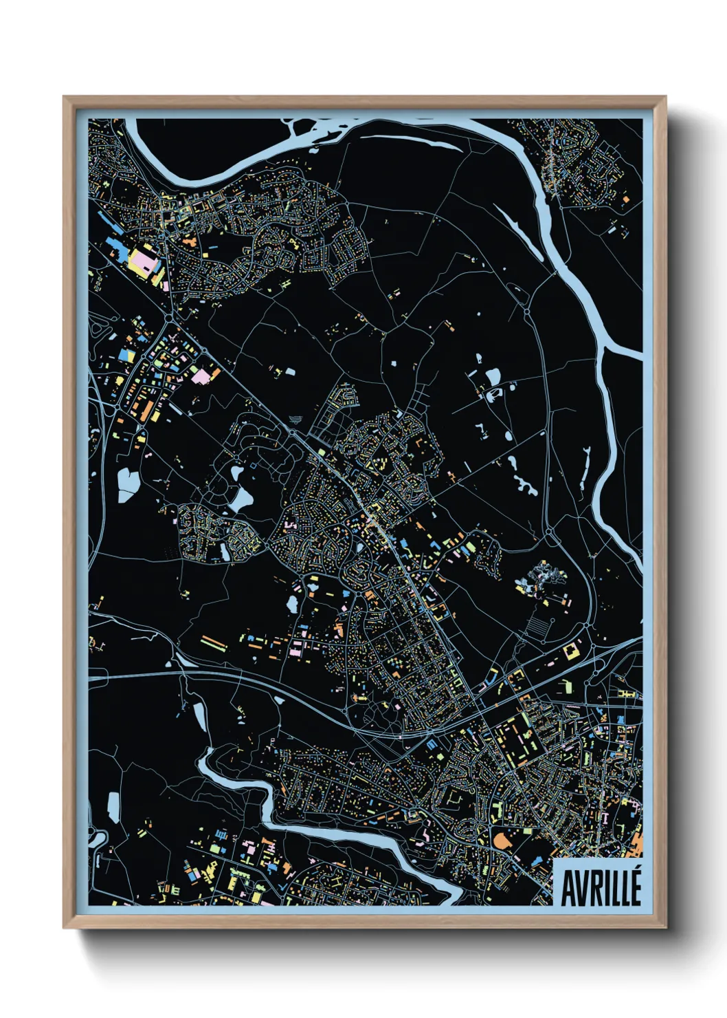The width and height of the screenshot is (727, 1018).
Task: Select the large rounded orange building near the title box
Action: tap(503, 841)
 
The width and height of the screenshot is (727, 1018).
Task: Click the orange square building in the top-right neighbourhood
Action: tap(627, 198)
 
